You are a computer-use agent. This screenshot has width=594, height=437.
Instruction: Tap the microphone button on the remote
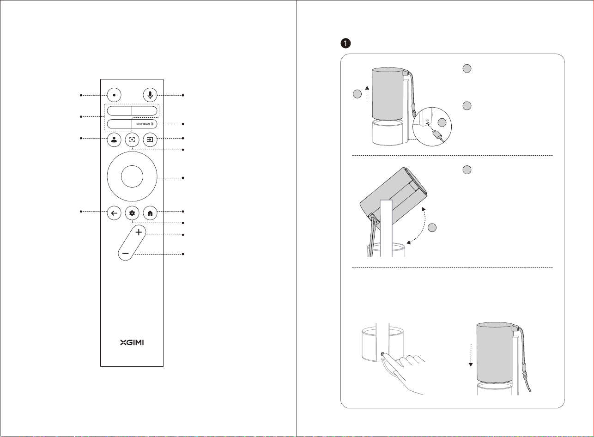[x=150, y=95]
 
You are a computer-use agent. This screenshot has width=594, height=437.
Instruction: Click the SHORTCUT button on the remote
[x=145, y=124]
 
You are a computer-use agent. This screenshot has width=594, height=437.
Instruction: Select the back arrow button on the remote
[x=114, y=213]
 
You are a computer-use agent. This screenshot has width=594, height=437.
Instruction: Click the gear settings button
[x=132, y=213]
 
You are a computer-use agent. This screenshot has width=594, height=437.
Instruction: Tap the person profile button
[x=114, y=140]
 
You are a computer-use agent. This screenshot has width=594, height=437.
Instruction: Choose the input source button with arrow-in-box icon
[x=150, y=140]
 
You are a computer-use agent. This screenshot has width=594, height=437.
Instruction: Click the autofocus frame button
[x=132, y=140]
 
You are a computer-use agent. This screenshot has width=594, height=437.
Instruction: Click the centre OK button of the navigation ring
[x=132, y=176]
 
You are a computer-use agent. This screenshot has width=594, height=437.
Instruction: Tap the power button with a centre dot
[x=114, y=95]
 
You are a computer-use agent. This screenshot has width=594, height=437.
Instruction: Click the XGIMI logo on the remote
[x=132, y=343]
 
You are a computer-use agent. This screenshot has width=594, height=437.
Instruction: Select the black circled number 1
[x=346, y=43]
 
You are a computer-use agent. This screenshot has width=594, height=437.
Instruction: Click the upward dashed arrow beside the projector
[x=367, y=93]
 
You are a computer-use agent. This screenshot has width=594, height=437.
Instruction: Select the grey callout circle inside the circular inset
[x=442, y=122]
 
